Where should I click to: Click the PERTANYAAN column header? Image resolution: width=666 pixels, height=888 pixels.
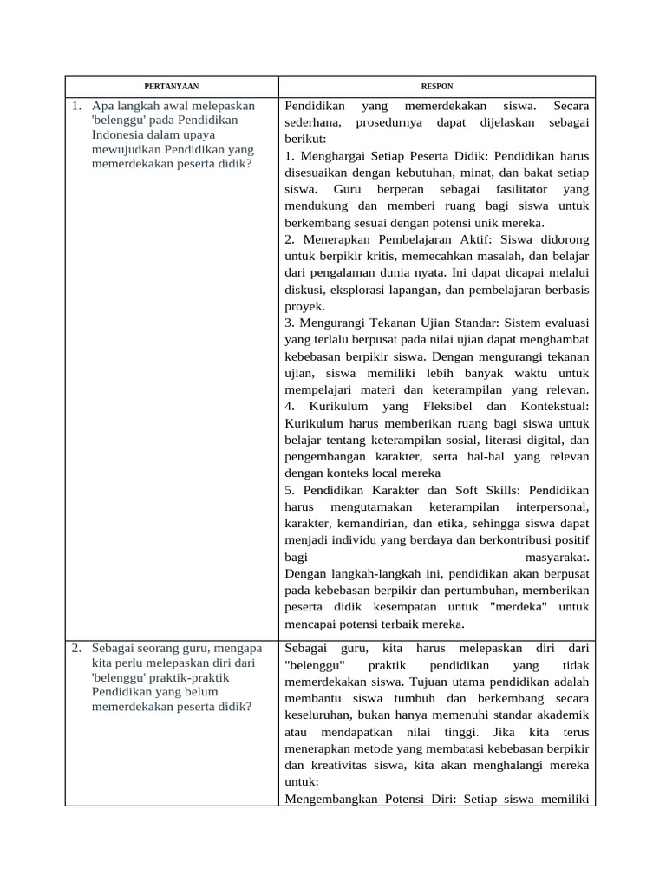(x=171, y=87)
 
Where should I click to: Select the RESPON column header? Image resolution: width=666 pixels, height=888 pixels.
(x=438, y=87)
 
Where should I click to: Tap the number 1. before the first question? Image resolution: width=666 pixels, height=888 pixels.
(x=77, y=107)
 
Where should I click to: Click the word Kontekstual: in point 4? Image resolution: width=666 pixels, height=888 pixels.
(x=555, y=406)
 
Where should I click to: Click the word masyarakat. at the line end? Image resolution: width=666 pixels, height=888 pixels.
(x=557, y=557)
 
